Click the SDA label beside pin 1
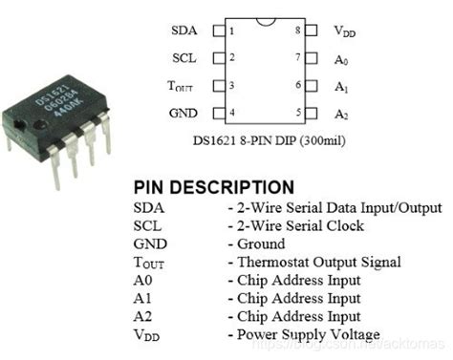tap(183, 31)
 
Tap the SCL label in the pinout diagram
tap(184, 58)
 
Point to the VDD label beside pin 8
tap(344, 32)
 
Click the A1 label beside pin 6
tap(341, 86)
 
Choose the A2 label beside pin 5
tap(341, 114)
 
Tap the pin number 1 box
tap(230, 31)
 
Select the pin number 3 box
tap(230, 86)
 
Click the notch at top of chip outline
tap(264, 20)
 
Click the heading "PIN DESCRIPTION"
tap(213, 187)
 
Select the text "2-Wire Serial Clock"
tap(300, 225)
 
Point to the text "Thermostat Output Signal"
tap(317, 262)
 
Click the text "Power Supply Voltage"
tap(307, 334)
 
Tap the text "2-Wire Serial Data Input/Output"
tap(338, 207)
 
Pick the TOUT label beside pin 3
tap(181, 86)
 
